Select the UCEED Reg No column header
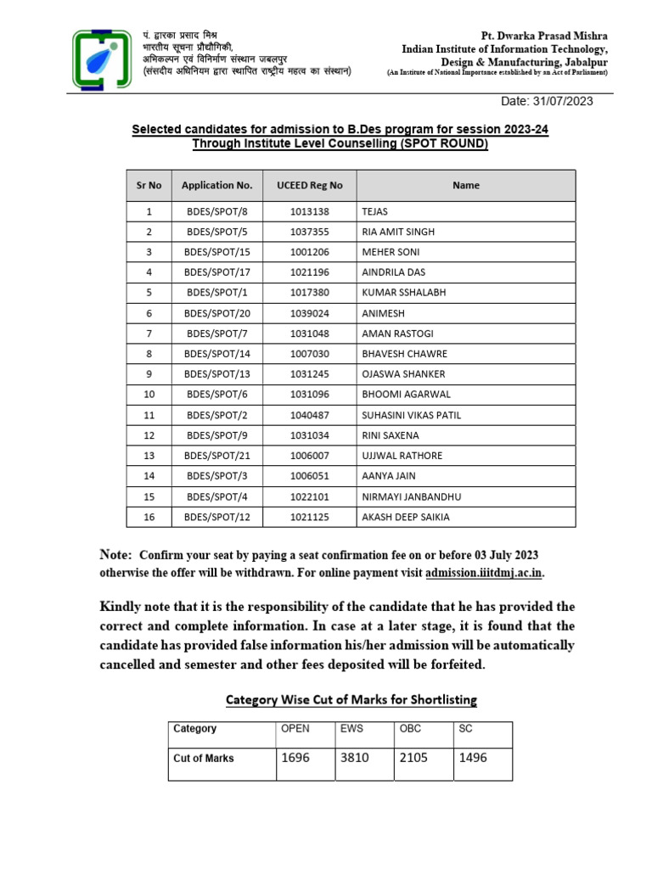[310, 185]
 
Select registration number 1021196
[310, 272]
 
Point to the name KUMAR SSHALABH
[403, 293]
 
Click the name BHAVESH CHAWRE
[404, 354]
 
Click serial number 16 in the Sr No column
[149, 517]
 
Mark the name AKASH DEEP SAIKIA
[406, 517]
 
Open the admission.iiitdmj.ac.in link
[484, 573]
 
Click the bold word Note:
[116, 554]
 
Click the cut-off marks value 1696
[295, 758]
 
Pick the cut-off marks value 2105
[413, 758]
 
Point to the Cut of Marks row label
[204, 758]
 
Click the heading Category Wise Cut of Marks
[351, 700]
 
